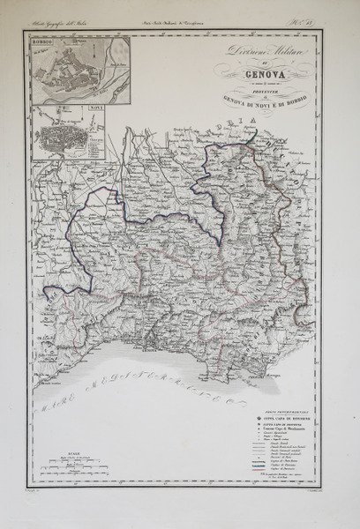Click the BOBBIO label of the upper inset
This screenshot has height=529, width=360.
click(x=43, y=41)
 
